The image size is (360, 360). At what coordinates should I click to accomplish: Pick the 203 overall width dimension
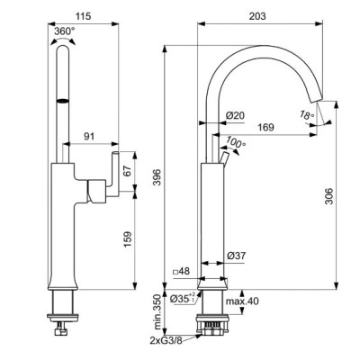261,18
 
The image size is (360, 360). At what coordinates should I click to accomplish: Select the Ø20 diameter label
237,115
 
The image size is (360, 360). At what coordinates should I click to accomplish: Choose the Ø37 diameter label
237,256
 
